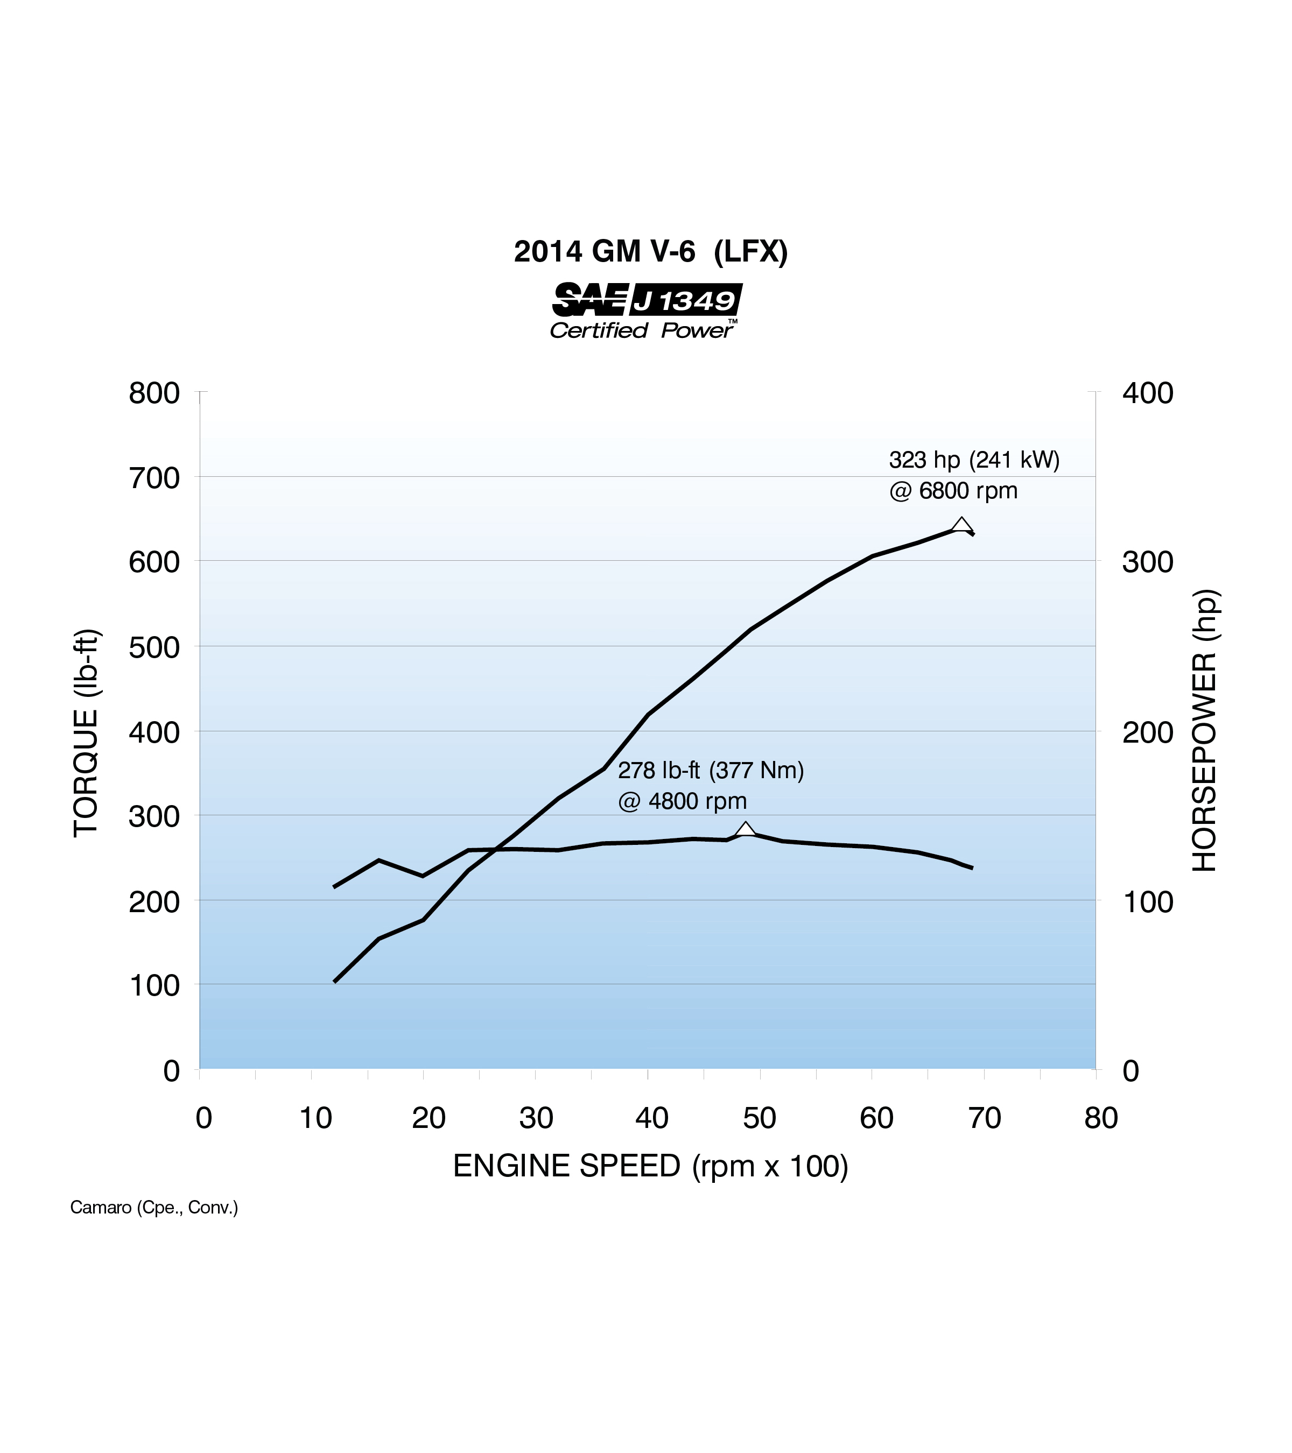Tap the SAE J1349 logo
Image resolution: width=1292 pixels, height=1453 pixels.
pos(647,299)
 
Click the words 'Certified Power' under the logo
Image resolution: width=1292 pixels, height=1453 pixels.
pos(642,330)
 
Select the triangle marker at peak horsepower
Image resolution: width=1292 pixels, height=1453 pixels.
pos(961,525)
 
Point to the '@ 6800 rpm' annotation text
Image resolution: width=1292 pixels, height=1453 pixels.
pos(953,490)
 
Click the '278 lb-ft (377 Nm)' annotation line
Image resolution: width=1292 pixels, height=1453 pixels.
pos(711,771)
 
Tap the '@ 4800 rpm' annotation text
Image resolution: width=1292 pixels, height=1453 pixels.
pos(682,801)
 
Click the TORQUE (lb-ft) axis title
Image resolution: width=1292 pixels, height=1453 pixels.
pos(86,733)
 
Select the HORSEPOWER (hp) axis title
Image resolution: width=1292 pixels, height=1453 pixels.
pos(1205,731)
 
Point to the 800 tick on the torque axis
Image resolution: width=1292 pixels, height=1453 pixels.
pos(155,393)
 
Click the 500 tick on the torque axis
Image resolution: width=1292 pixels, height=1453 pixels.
pos(155,647)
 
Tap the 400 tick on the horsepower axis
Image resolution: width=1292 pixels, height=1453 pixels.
pos(1147,393)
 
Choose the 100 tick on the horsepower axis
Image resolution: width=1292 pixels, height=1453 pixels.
pos(1147,902)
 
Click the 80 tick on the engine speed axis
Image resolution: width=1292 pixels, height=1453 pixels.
pos(1101,1119)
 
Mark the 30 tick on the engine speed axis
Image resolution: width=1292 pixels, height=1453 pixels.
pos(536,1119)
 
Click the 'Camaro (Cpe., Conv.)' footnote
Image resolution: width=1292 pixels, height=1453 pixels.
pos(153,1208)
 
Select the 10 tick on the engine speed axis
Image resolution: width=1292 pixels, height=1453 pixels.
pos(315,1119)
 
